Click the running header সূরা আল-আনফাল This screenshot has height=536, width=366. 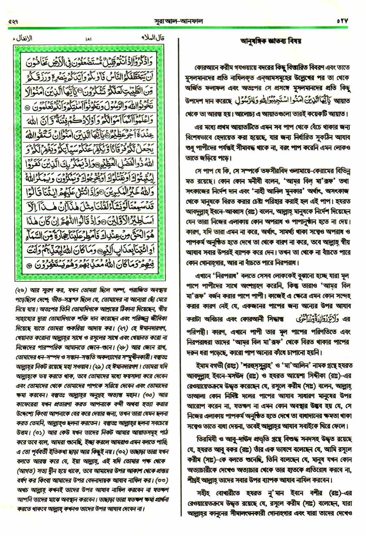(x=183, y=20)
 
